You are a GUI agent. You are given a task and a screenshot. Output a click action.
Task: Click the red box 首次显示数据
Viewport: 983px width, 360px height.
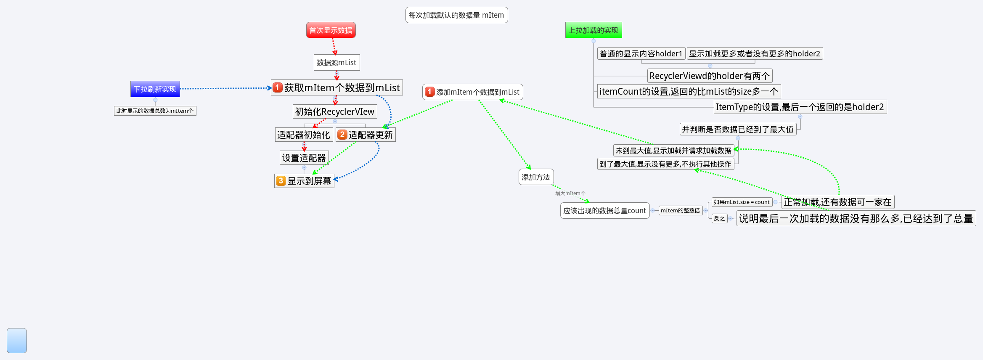pos(331,30)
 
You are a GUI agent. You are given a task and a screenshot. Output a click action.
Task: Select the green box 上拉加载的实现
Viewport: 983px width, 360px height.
pos(593,30)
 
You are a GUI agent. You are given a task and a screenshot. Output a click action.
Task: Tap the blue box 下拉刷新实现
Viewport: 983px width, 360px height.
pos(155,89)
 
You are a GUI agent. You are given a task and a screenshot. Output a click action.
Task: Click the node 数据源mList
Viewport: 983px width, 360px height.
pos(336,63)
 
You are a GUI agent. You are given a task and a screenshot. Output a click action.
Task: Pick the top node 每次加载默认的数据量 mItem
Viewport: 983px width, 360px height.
pos(456,15)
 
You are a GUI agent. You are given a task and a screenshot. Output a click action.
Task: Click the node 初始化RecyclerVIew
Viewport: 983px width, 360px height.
pos(334,112)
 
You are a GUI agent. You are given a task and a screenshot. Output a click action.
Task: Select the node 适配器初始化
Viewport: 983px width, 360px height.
pos(304,135)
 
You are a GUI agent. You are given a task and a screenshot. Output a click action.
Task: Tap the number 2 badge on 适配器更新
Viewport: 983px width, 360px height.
pos(342,135)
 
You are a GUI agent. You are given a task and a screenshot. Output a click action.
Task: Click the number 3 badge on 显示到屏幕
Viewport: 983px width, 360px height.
pos(281,181)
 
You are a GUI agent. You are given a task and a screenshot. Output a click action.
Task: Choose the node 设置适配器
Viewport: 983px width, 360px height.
pos(304,158)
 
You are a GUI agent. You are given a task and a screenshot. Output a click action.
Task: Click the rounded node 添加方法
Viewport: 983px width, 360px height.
pos(536,177)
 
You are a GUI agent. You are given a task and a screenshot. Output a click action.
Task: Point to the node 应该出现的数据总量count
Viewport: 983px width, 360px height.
pos(604,211)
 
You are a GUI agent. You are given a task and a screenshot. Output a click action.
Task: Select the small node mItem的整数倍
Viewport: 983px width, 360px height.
pos(680,210)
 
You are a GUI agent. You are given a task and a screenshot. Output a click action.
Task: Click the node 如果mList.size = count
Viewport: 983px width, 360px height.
pos(742,202)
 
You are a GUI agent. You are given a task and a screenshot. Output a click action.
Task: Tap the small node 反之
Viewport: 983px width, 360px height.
pos(719,219)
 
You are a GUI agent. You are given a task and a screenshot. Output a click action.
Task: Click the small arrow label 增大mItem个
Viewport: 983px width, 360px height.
pos(570,193)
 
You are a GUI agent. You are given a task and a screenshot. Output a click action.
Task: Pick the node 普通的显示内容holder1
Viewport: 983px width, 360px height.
pos(641,54)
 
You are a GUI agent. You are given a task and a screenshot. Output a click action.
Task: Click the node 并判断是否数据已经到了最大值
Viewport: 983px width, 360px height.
pos(738,130)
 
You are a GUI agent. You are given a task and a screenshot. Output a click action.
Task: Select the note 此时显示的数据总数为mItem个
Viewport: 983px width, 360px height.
pos(155,111)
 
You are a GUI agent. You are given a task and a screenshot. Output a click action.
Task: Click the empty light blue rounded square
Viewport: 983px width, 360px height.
pos(17,341)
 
